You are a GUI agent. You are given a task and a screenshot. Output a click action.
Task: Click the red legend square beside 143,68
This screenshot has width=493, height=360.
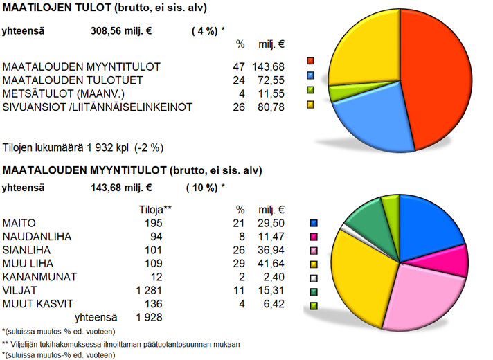tap(311, 62)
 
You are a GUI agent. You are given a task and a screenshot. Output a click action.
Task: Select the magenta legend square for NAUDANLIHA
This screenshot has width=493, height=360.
tap(314, 237)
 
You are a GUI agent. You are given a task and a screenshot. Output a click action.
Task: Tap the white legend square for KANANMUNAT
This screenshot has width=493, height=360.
tap(314, 278)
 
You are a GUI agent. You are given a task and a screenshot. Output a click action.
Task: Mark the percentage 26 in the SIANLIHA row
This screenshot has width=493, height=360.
tap(240, 250)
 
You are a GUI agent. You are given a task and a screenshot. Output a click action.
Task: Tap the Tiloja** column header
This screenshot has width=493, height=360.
tap(155, 209)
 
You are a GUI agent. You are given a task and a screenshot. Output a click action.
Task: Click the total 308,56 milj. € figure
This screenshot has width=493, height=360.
tap(122, 31)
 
